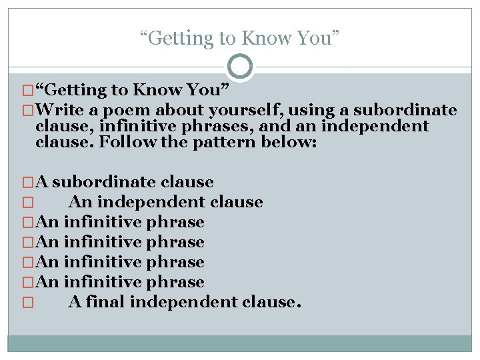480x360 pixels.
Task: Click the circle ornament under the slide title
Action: point(239,67)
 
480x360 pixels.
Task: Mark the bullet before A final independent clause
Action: point(27,303)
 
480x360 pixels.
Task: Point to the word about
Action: point(158,110)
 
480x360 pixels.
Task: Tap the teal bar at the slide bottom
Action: point(239,343)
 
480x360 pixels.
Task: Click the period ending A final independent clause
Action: point(298,304)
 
